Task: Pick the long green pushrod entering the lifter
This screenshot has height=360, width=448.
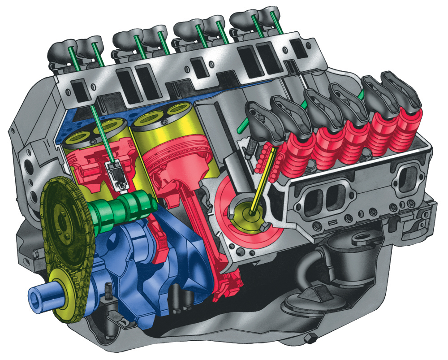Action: [102, 130]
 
